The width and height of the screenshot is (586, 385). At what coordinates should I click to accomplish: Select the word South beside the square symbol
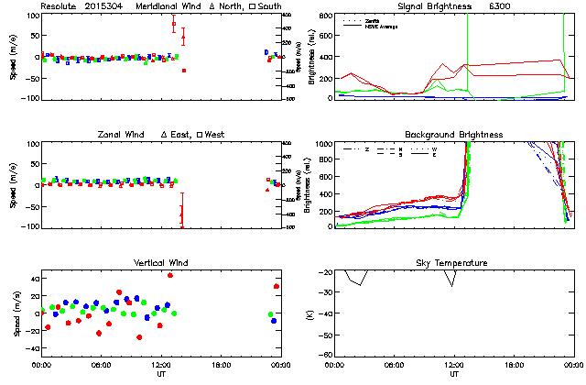pyautogui.click(x=267, y=6)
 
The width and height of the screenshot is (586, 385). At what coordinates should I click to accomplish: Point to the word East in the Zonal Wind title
pyautogui.click(x=179, y=135)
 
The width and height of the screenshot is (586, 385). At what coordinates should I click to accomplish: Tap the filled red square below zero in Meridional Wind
pyautogui.click(x=184, y=71)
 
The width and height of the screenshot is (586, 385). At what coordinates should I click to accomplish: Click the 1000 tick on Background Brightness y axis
pyautogui.click(x=325, y=144)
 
